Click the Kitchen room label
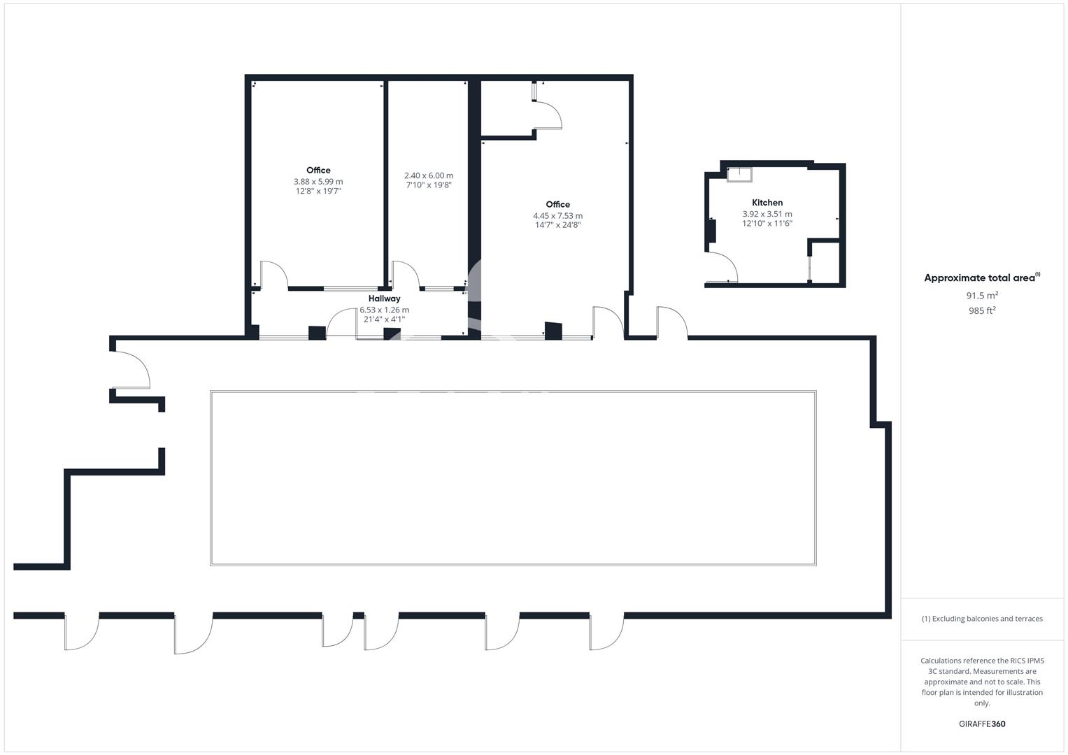point(767,203)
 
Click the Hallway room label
point(384,299)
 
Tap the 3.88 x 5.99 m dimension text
point(318,182)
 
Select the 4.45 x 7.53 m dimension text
point(557,216)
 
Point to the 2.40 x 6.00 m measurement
point(429,175)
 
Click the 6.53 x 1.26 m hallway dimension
point(384,310)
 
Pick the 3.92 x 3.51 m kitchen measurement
point(767,214)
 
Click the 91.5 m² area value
point(982,296)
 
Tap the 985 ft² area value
point(982,311)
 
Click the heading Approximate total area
point(981,278)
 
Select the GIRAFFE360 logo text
point(982,724)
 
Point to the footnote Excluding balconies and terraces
point(982,619)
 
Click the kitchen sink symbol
point(739,174)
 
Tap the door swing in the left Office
point(274,274)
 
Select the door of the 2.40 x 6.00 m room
point(406,274)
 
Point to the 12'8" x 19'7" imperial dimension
point(318,191)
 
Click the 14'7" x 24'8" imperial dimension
point(557,225)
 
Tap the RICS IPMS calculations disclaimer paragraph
point(982,682)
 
